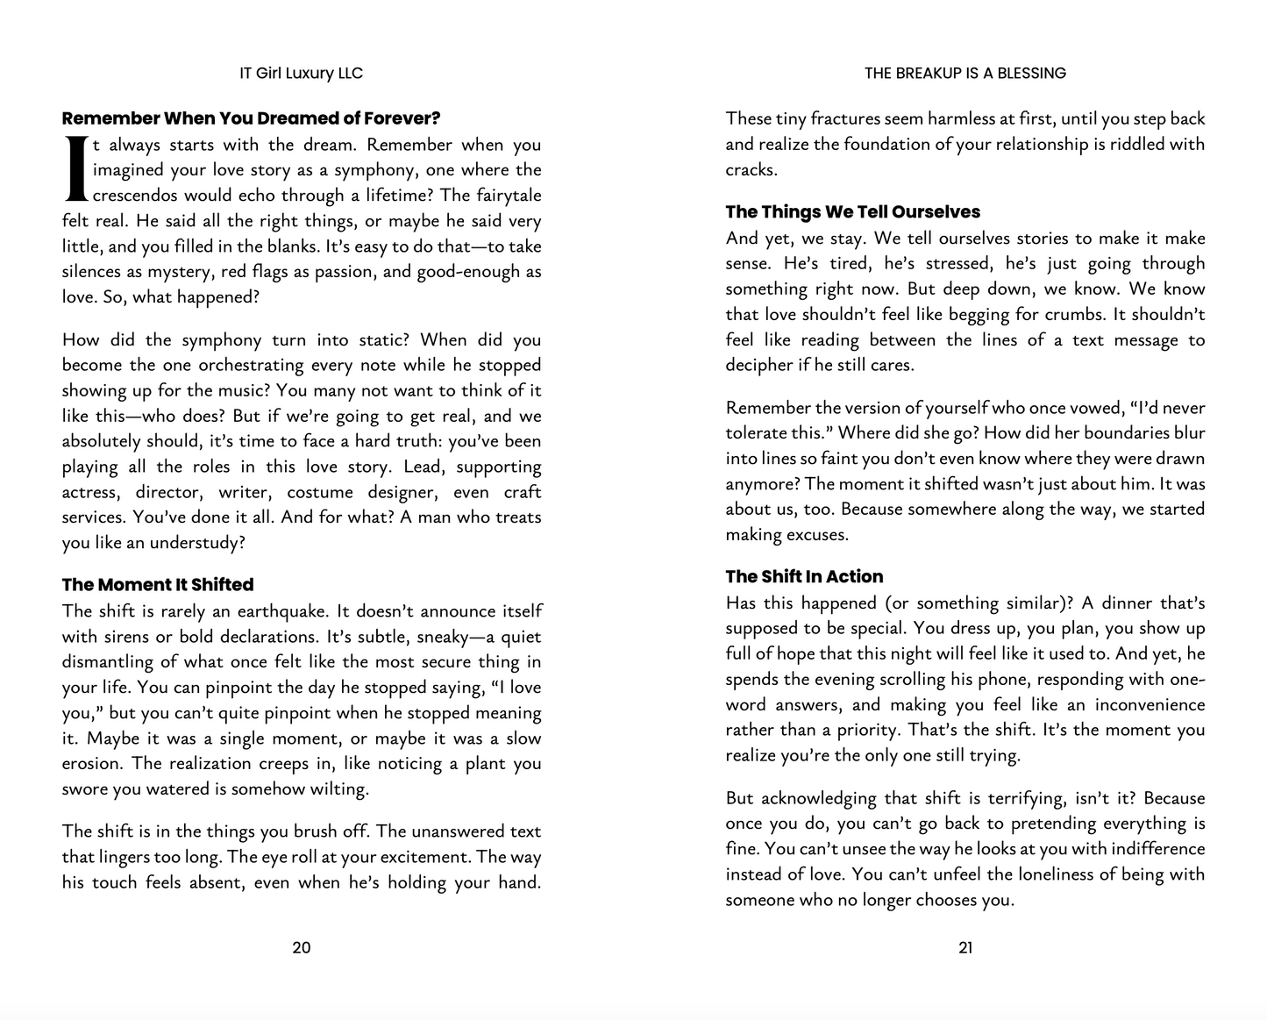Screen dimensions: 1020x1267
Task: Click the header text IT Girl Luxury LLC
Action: click(x=301, y=74)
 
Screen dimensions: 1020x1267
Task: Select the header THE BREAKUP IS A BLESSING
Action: click(x=964, y=74)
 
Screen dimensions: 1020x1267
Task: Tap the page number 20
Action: click(x=301, y=947)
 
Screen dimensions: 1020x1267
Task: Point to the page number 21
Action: click(x=965, y=947)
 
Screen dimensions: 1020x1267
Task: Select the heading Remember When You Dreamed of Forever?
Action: click(x=251, y=118)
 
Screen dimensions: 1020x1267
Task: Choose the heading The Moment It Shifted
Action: click(x=158, y=585)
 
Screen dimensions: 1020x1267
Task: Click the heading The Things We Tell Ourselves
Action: click(x=852, y=212)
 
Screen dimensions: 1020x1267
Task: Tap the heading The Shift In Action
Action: click(x=804, y=577)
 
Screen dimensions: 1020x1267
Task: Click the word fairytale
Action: click(x=509, y=196)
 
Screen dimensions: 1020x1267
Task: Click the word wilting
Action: click(x=338, y=789)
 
